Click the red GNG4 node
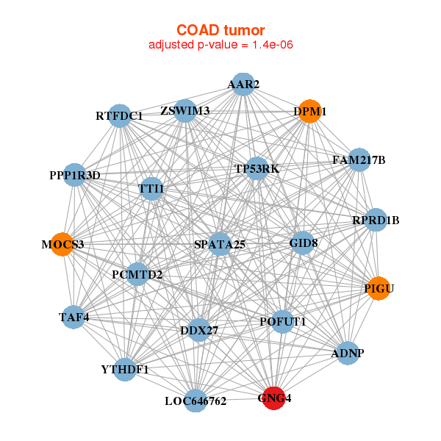click(274, 398)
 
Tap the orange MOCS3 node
click(62, 244)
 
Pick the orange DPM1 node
click(311, 111)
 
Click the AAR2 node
click(243, 85)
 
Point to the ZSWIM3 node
click(185, 111)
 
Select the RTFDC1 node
click(120, 115)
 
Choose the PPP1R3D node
click(74, 175)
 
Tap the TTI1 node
click(151, 189)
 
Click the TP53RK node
click(257, 169)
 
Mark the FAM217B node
click(358, 159)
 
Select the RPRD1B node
click(376, 220)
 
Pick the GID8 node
click(303, 243)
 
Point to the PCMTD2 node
click(138, 275)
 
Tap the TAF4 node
click(73, 318)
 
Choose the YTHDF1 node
click(126, 369)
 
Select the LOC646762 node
click(196, 401)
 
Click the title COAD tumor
click(220, 30)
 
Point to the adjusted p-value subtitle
click(221, 45)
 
